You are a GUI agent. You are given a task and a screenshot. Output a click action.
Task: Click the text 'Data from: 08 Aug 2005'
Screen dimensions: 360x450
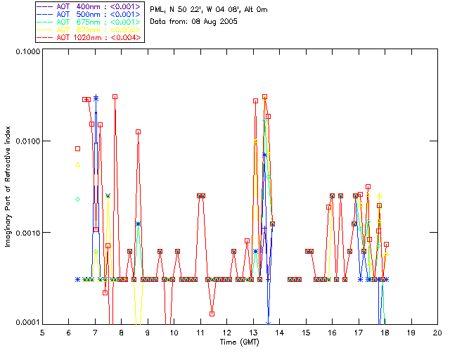tap(194, 22)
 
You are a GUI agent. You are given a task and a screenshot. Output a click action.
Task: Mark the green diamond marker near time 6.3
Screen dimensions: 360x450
tap(78, 199)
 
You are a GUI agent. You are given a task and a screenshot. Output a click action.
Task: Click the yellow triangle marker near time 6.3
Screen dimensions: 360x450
tap(78, 165)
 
